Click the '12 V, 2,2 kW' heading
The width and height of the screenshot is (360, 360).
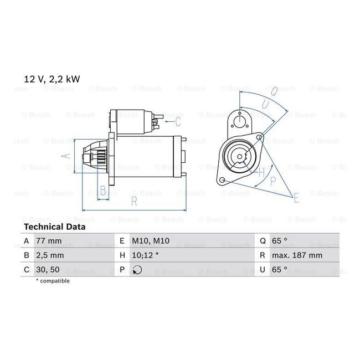click(52, 79)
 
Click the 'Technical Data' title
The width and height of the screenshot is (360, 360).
click(55, 227)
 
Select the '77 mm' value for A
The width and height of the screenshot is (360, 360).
click(49, 241)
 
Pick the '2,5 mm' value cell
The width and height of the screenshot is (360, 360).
click(50, 255)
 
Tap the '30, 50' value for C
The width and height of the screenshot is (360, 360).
click(48, 270)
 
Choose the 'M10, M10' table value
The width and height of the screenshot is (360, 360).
click(151, 241)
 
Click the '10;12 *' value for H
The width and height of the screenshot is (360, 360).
click(145, 255)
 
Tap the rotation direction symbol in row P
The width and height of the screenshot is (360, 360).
click(137, 270)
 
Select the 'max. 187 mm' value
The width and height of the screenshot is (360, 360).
click(297, 255)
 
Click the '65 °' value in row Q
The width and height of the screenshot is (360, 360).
click(280, 241)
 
